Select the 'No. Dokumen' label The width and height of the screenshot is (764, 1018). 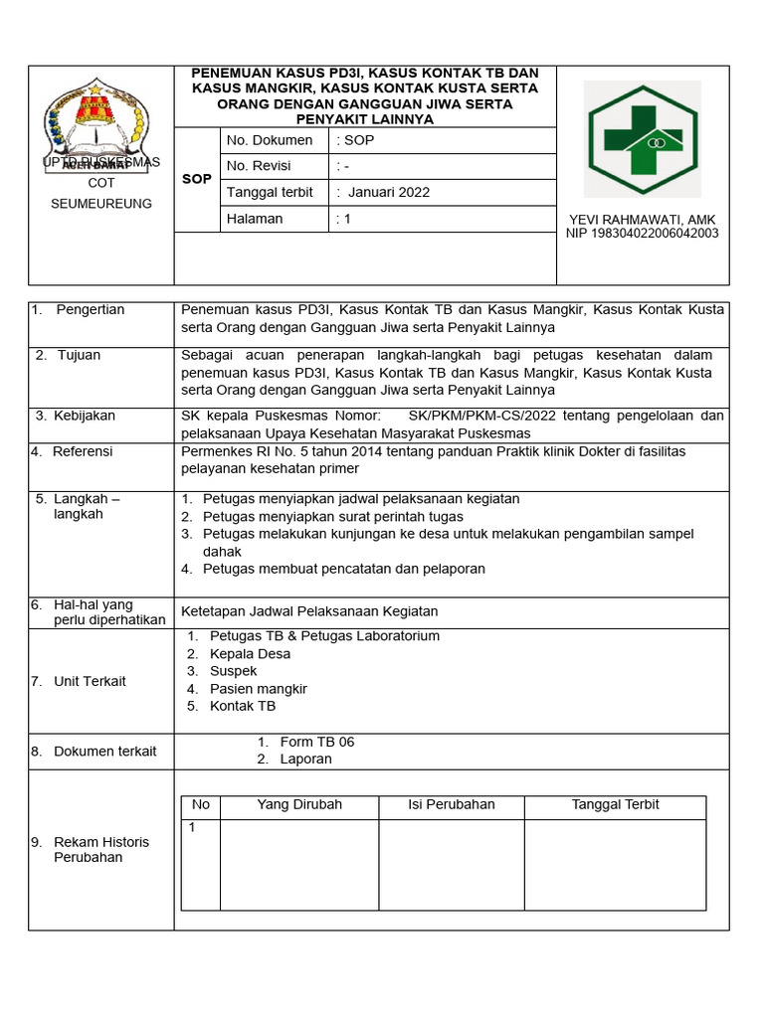click(x=270, y=140)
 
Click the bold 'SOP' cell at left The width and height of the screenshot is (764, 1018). click(x=197, y=179)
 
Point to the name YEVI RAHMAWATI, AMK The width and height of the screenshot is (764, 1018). click(x=642, y=219)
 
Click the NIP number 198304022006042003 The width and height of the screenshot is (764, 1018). click(x=642, y=234)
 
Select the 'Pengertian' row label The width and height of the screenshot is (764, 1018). click(x=90, y=309)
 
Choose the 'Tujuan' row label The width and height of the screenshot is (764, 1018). click(x=79, y=355)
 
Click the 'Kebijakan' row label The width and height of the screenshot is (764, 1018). click(x=86, y=416)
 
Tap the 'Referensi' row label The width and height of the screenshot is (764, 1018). click(x=83, y=451)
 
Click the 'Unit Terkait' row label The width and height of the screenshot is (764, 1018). click(x=90, y=681)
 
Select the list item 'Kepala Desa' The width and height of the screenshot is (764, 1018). click(x=250, y=653)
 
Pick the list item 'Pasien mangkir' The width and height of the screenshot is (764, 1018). click(x=258, y=688)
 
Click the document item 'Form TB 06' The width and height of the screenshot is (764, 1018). click(x=316, y=742)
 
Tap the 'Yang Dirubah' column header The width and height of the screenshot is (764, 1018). click(x=299, y=804)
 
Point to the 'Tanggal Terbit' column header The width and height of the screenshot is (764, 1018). click(x=615, y=804)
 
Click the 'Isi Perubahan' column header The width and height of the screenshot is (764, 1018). click(x=451, y=804)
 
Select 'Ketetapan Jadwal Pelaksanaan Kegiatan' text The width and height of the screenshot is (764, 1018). click(x=309, y=610)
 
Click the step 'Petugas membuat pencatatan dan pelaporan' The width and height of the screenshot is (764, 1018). click(x=343, y=569)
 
